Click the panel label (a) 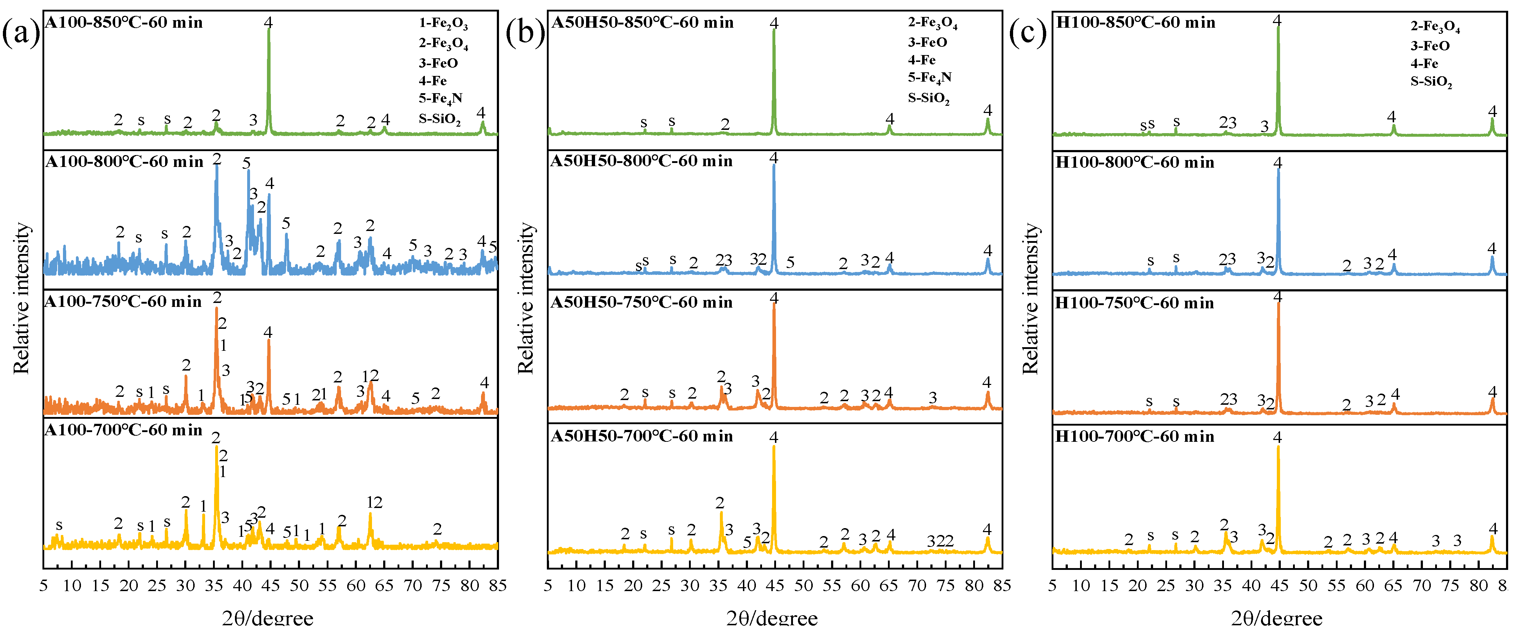click(x=21, y=32)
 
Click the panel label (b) click(x=525, y=32)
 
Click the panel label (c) click(x=1028, y=32)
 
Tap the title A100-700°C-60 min click(x=123, y=430)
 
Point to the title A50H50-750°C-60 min click(x=641, y=302)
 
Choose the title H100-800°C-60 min click(x=1135, y=162)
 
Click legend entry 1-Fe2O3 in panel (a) click(x=444, y=23)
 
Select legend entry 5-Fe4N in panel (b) click(x=929, y=78)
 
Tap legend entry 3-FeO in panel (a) click(x=438, y=63)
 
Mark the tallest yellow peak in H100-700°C click(x=1278, y=448)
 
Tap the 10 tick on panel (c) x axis click(x=1081, y=586)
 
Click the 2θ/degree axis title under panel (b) click(x=772, y=618)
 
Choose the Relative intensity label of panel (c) click(x=1030, y=299)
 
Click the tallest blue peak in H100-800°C click(x=1278, y=171)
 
